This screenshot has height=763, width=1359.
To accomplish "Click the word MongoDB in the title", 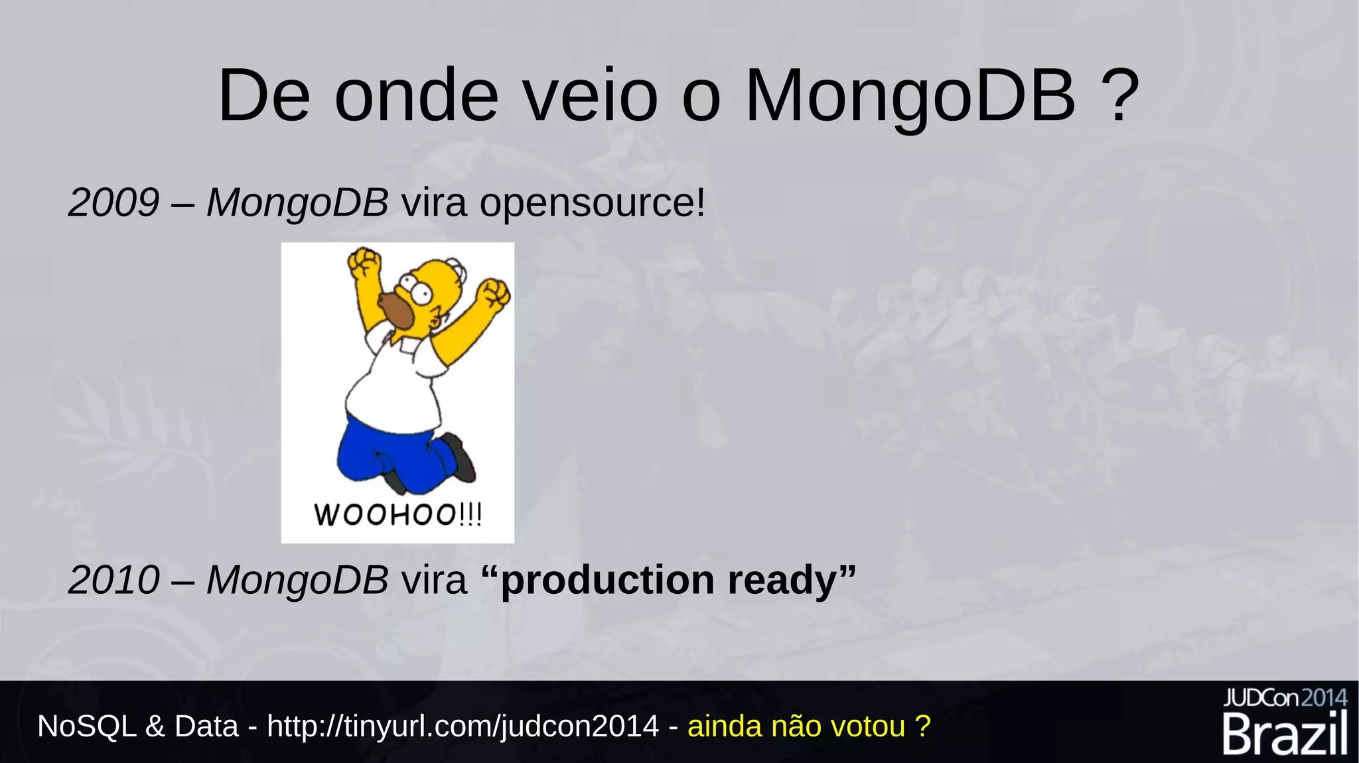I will tap(910, 96).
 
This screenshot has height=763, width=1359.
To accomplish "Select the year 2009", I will tap(113, 202).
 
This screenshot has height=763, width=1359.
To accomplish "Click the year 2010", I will tap(113, 580).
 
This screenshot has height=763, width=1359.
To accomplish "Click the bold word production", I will tap(607, 581).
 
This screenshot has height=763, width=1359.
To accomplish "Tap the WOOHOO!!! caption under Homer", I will tap(397, 515).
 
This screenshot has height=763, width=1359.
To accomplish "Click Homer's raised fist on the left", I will tap(364, 263).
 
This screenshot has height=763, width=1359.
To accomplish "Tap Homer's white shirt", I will tap(392, 385).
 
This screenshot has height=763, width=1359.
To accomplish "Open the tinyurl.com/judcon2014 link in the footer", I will tap(463, 727).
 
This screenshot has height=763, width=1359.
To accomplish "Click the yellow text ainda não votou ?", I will tap(809, 727).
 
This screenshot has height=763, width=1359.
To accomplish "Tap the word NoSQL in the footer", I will tap(86, 727).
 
